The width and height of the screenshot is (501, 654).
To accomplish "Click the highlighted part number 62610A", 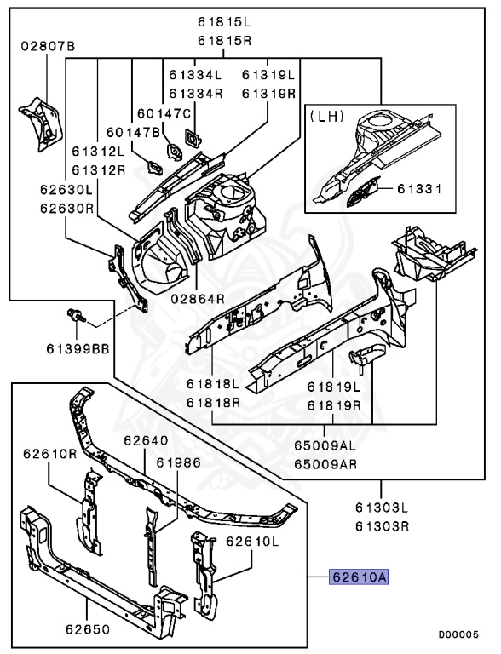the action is click(359, 577).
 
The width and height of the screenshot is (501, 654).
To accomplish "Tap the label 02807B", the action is click(48, 45).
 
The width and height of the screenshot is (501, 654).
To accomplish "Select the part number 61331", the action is click(419, 189).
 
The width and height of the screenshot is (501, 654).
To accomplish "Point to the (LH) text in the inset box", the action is click(326, 116).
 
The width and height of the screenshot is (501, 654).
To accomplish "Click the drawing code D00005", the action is click(458, 634).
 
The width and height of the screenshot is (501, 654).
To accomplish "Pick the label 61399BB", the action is click(78, 348).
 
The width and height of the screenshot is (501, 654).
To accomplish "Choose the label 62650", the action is click(88, 629).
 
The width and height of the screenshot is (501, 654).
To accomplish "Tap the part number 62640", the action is click(146, 440).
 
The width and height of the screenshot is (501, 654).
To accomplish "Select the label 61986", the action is click(178, 462).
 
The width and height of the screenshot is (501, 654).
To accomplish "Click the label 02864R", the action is click(198, 299).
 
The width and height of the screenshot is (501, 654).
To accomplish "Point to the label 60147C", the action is click(164, 113).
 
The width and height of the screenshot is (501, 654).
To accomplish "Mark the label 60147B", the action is click(133, 132).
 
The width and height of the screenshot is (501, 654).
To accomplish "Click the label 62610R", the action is click(50, 453).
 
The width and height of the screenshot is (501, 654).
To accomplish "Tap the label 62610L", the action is click(251, 542).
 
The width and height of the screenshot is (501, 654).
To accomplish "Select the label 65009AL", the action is click(325, 445).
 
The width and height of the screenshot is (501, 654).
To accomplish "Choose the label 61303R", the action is click(382, 526).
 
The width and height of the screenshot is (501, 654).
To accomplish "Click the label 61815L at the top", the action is click(224, 21).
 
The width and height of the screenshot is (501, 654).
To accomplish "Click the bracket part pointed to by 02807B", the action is click(41, 123).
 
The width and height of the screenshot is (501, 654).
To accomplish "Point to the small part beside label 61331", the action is click(362, 192).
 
